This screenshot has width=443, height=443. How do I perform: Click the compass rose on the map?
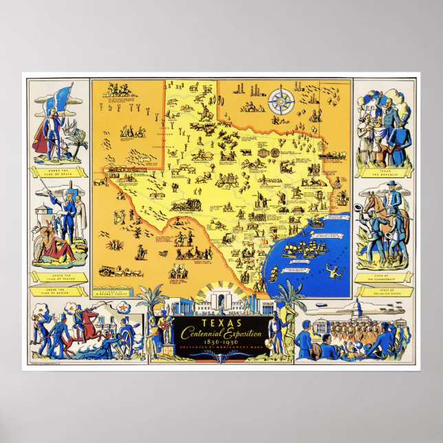[281, 102]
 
